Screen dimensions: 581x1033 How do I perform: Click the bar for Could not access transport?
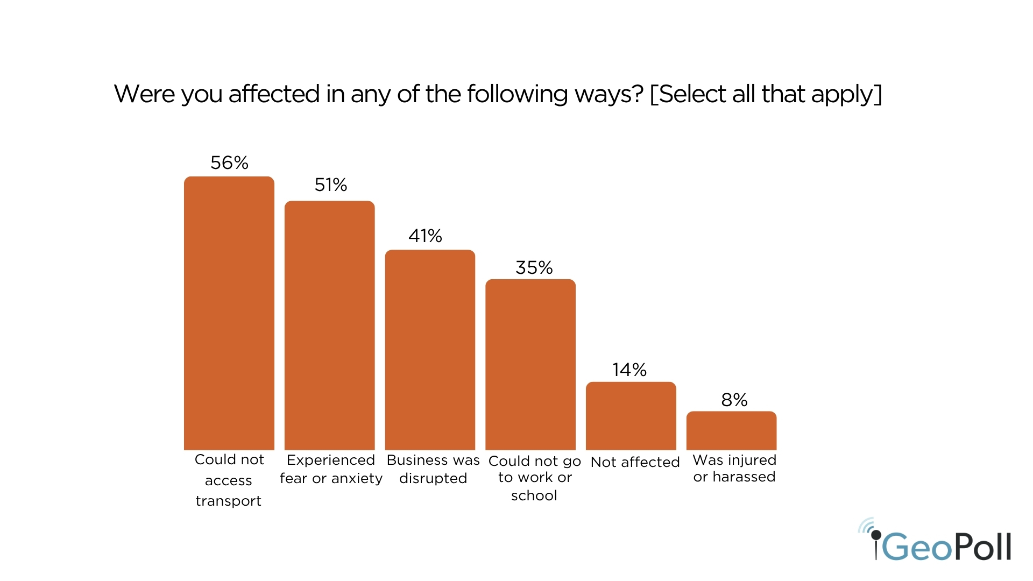pos(229,313)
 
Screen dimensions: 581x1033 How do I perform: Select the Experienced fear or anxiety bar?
pos(329,325)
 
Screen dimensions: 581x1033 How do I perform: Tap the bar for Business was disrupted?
pos(430,350)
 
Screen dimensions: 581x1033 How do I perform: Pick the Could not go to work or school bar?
pos(530,365)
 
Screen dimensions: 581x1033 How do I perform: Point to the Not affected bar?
pos(631,416)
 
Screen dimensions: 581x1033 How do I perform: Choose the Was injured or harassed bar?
pos(731,430)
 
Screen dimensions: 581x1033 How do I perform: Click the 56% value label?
pos(229,162)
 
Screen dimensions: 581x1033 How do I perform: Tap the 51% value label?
pos(330,185)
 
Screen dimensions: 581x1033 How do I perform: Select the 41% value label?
pos(425,236)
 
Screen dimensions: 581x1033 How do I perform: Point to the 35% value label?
pos(534,267)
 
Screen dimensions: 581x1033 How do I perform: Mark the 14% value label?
pos(629,370)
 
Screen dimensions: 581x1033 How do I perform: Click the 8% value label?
pos(734,400)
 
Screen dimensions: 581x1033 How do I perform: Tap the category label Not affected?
pos(635,462)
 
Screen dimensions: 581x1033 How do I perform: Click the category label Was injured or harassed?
pos(734,468)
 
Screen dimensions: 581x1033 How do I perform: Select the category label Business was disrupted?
pos(433,469)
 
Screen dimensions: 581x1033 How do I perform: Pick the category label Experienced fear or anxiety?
pos(331,469)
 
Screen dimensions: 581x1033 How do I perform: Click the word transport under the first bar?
pos(228,501)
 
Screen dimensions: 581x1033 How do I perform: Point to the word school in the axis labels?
pos(534,495)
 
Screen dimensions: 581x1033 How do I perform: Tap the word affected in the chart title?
pos(274,94)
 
